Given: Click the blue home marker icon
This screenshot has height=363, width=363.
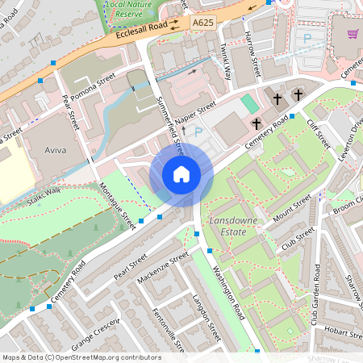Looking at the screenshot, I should point(181,173).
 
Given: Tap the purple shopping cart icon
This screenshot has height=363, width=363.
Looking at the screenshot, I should point(353,33).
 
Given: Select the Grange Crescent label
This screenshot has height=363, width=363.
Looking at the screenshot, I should point(95,335).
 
